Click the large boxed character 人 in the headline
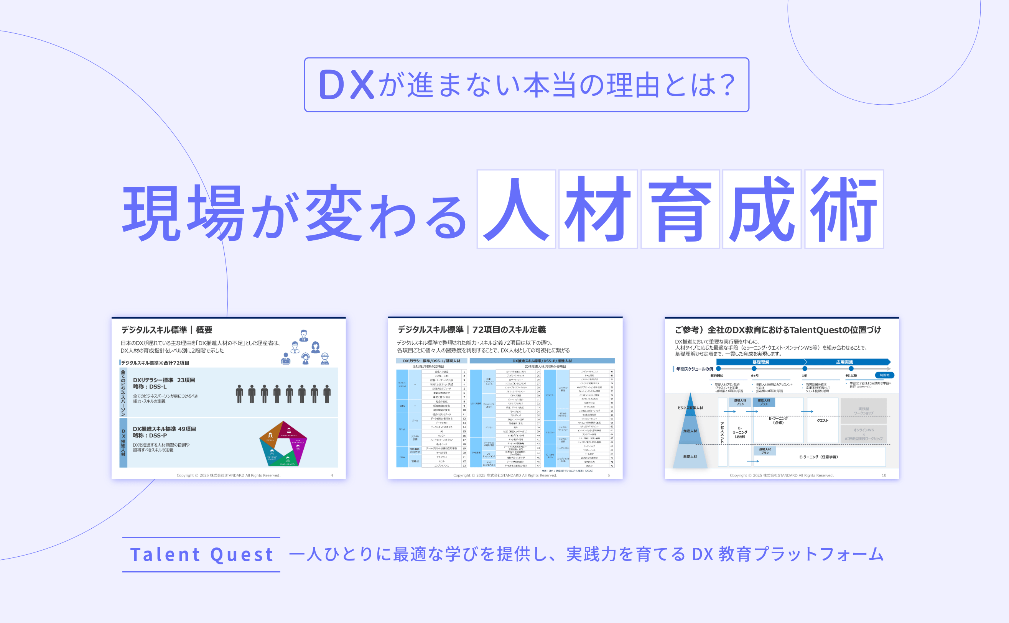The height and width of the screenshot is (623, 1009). [x=516, y=209]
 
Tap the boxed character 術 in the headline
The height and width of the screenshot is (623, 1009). [x=844, y=209]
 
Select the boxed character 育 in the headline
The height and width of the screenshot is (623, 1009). [x=680, y=209]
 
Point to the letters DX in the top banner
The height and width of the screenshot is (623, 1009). [x=346, y=85]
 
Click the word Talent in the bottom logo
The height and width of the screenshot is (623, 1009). [x=165, y=555]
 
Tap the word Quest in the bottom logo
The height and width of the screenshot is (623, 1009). [x=242, y=555]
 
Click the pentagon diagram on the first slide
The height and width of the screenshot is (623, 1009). [x=283, y=443]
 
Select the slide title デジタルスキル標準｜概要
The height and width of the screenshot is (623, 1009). [x=166, y=330]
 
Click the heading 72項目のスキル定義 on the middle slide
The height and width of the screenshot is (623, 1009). [x=509, y=330]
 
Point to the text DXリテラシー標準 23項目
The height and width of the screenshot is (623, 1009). [x=164, y=380]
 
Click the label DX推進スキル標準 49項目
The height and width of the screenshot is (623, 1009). [x=164, y=429]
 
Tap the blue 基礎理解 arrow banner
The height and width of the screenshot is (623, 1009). [x=760, y=362]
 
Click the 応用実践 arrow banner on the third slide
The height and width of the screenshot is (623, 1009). [x=844, y=362]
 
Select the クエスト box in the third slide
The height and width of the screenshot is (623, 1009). [x=822, y=421]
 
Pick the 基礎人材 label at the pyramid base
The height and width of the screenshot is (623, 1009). [x=690, y=457]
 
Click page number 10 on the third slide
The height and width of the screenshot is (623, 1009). [x=884, y=475]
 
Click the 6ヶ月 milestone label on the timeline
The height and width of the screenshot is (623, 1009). [x=754, y=376]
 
